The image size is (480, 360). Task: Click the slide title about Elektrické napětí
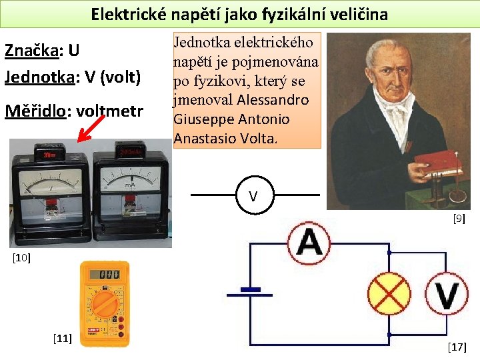click(x=239, y=14)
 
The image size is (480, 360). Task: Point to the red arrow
click(x=91, y=129)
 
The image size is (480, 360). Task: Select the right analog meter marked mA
click(x=131, y=194)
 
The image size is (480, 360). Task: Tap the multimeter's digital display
click(x=105, y=275)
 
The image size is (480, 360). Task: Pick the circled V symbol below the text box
click(x=253, y=196)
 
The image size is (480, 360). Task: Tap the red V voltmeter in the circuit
click(x=447, y=293)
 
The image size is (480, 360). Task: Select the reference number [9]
click(x=459, y=218)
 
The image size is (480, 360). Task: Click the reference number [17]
click(x=457, y=347)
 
